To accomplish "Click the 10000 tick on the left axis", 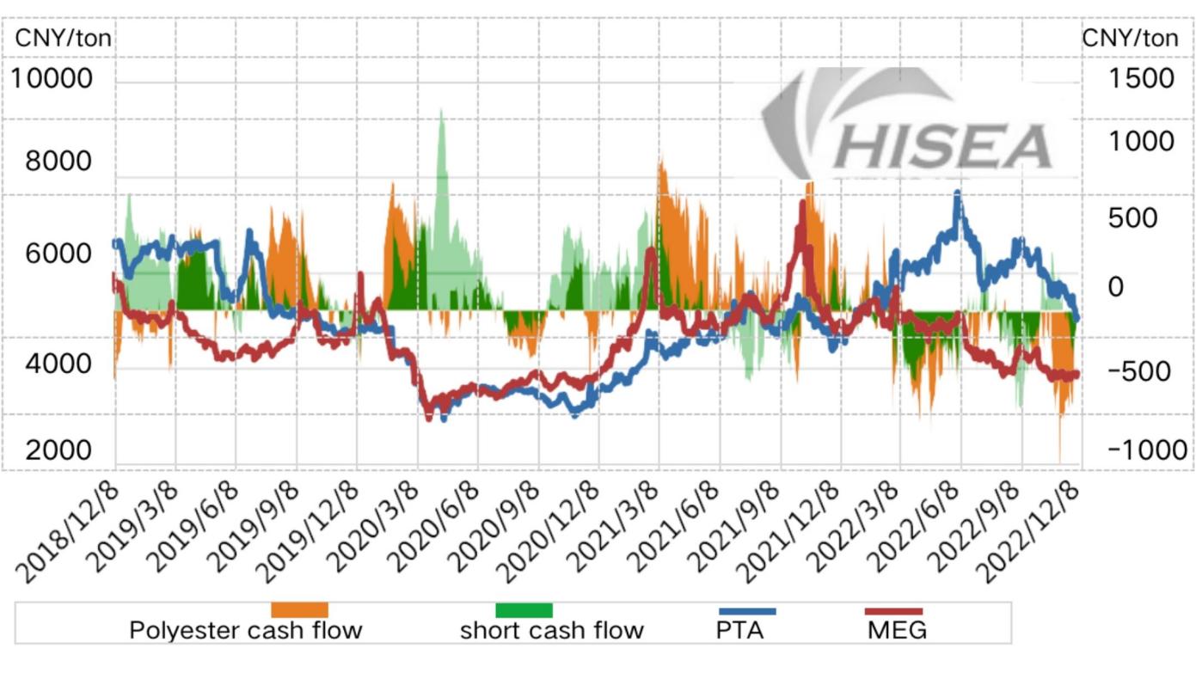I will click(x=52, y=78).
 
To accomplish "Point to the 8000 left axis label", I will click(x=58, y=161).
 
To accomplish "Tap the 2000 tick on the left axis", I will click(x=58, y=450).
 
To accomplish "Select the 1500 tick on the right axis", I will click(x=1140, y=78).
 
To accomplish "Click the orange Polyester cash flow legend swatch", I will click(x=299, y=610).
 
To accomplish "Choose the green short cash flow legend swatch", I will click(x=524, y=610).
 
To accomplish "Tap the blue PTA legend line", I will click(x=746, y=611).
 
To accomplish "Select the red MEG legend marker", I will click(x=892, y=611).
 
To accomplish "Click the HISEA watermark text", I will click(x=944, y=146).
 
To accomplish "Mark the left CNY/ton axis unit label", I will click(x=64, y=39).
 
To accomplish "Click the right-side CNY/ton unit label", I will click(x=1130, y=39).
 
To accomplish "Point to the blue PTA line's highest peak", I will click(x=957, y=194).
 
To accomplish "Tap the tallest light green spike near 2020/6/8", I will click(x=442, y=112).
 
